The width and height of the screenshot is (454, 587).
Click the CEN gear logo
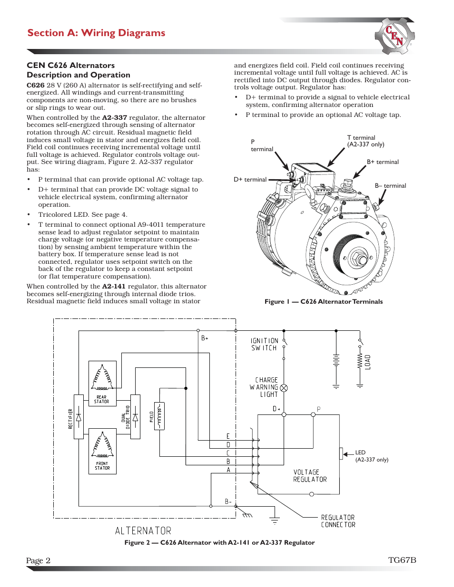(395, 36)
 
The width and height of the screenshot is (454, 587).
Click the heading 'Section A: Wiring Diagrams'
(96, 33)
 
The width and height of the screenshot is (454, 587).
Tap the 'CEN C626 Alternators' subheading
(70, 65)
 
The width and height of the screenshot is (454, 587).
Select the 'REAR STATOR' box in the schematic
(102, 383)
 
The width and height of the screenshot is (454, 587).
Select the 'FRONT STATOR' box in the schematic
(102, 451)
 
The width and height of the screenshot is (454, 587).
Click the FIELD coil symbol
(159, 416)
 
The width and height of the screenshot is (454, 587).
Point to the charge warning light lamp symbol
(284, 388)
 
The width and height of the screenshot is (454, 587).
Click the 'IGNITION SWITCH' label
(264, 345)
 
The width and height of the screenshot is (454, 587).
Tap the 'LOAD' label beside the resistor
(368, 362)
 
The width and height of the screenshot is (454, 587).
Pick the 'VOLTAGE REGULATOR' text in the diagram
(310, 476)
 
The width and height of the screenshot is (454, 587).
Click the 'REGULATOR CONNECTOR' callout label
(338, 521)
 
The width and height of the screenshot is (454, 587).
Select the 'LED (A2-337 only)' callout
(371, 456)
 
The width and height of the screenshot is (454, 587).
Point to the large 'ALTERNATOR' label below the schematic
(143, 530)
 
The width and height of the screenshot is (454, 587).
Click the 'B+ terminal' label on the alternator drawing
(383, 162)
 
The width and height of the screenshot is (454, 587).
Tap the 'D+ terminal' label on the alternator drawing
(250, 180)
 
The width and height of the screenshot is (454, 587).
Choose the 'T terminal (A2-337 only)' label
(365, 141)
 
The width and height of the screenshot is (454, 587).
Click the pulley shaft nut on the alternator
(360, 260)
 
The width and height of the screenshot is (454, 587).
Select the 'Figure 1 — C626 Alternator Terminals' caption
(324, 301)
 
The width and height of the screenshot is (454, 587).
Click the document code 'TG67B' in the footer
(402, 560)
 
